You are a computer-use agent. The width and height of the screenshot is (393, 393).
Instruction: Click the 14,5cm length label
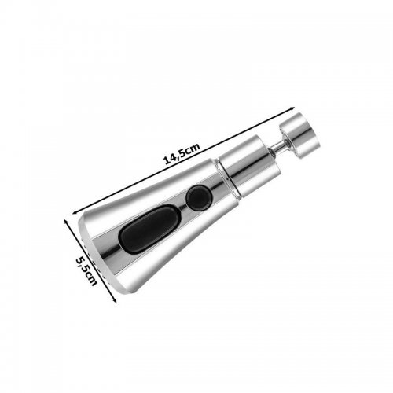pyautogui.click(x=182, y=154)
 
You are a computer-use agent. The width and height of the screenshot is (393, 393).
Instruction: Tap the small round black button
pyautogui.click(x=199, y=197)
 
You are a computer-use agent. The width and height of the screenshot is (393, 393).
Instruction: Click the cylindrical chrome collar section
pyautogui.click(x=249, y=165)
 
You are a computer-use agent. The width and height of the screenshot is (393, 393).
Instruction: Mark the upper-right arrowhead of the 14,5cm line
pyautogui.click(x=293, y=108)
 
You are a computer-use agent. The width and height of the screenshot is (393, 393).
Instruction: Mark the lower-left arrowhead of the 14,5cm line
pyautogui.click(x=75, y=211)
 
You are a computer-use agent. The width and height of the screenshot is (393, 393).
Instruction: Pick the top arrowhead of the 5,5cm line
pyautogui.click(x=66, y=222)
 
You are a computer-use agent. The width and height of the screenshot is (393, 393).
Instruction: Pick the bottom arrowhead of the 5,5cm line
pyautogui.click(x=115, y=300)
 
